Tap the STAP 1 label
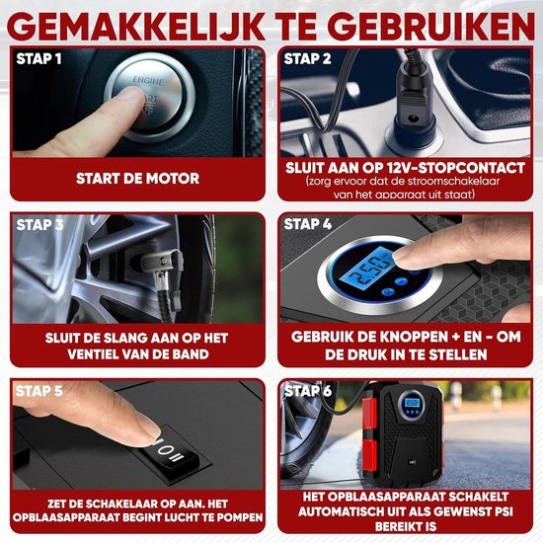point(39,58)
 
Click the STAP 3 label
point(39,224)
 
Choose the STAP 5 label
point(39,391)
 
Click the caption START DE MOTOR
point(137,179)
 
